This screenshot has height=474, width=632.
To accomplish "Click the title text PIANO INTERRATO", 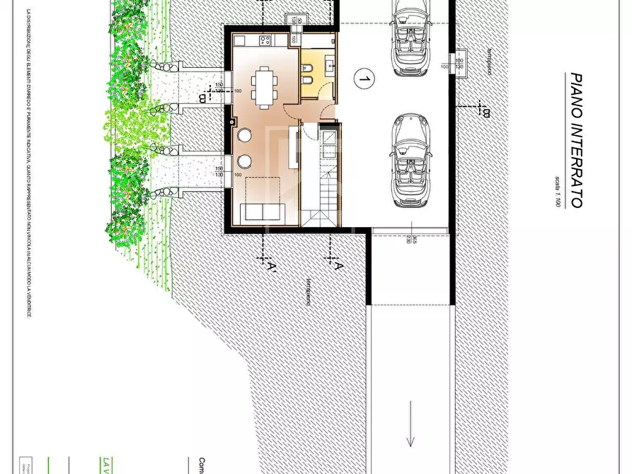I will [x=576, y=140].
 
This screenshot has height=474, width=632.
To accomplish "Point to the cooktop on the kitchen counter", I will [x=265, y=40].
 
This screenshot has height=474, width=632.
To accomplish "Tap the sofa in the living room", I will [x=263, y=212].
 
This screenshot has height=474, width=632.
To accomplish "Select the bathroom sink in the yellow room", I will [x=330, y=66].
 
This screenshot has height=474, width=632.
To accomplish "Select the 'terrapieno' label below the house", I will [x=309, y=291].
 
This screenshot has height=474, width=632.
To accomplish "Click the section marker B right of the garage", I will [x=485, y=112].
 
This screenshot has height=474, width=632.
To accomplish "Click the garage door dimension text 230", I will [x=409, y=241].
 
